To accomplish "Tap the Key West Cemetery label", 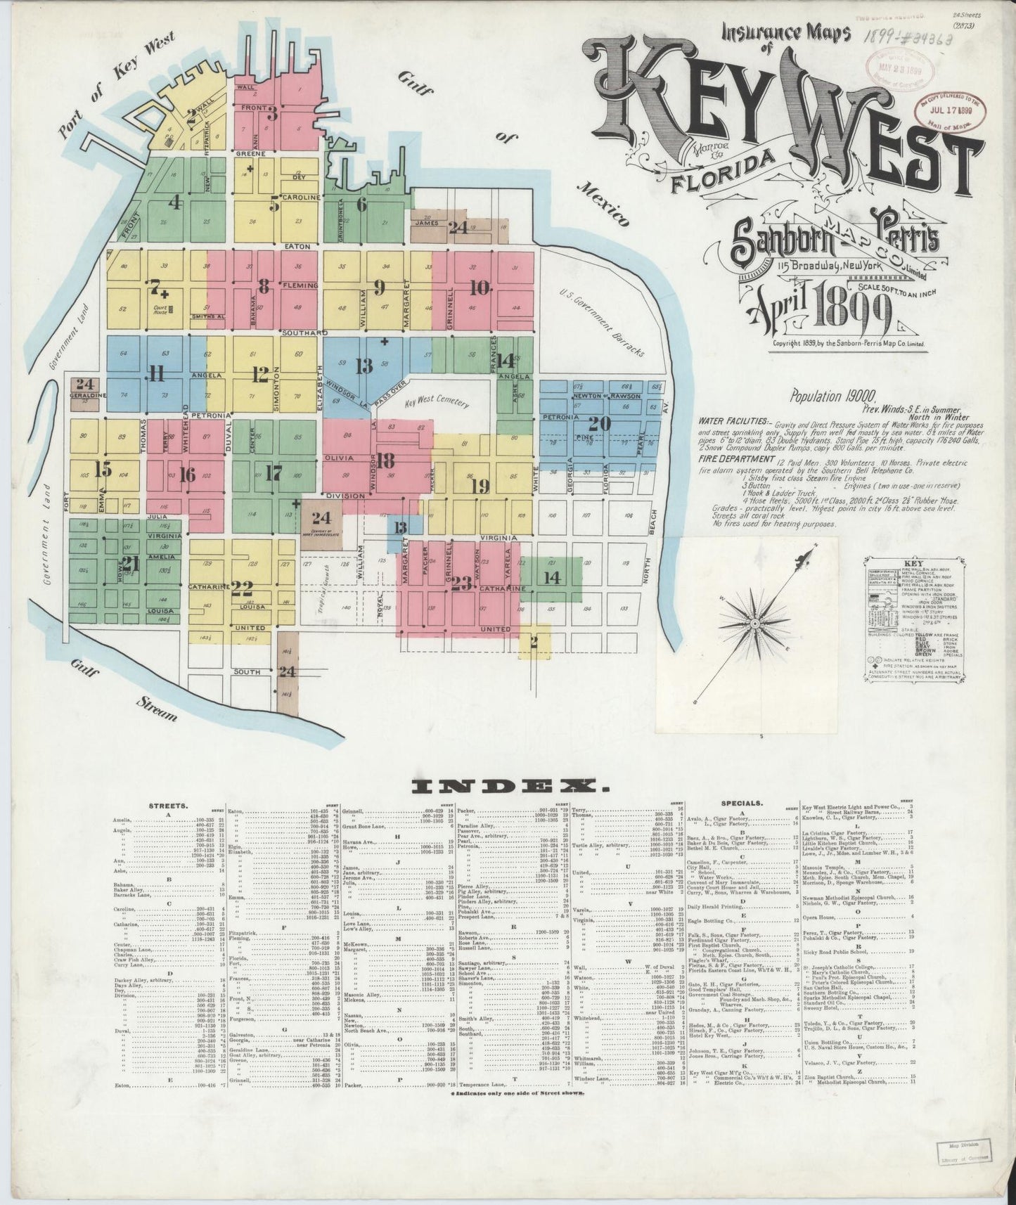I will coord(437,404).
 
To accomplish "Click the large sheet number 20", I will coord(600,424).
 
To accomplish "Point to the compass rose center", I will coord(753,623).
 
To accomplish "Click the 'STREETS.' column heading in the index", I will coord(167,806).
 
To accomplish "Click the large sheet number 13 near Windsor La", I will coord(364,366).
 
